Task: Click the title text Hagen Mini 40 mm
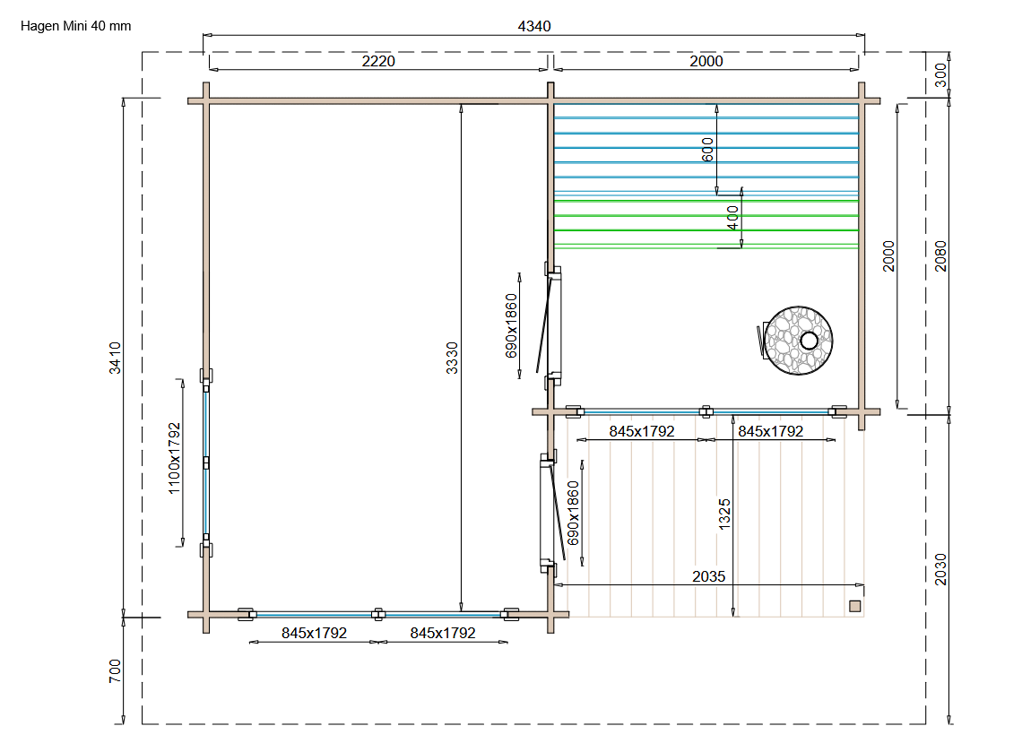[75, 26]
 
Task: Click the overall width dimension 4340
[533, 26]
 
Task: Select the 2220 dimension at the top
[378, 61]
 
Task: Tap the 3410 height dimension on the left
[115, 358]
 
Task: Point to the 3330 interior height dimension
[452, 358]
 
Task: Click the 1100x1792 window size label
[174, 458]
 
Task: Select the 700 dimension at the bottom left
[115, 670]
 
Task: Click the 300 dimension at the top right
[940, 75]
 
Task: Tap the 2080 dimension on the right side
[940, 256]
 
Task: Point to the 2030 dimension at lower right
[940, 569]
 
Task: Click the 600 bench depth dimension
[708, 149]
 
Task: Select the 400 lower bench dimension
[732, 218]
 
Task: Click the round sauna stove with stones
[799, 341]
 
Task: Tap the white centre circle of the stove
[809, 341]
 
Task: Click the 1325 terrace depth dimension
[724, 514]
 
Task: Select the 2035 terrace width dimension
[708, 576]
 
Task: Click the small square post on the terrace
[855, 606]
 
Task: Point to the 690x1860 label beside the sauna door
[511, 326]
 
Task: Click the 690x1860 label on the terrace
[573, 513]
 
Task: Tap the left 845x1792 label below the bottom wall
[314, 633]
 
